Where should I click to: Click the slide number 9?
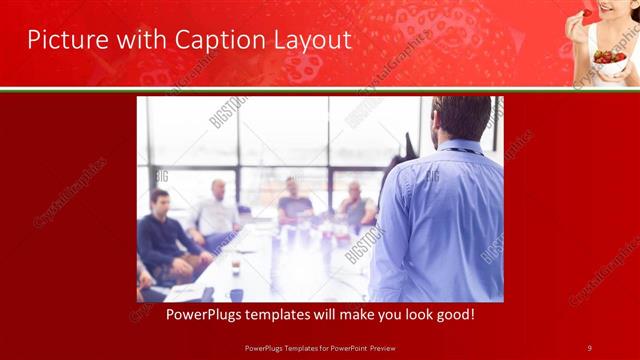(x=589, y=347)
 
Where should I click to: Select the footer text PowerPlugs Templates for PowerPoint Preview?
(x=320, y=347)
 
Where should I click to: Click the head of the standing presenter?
(x=461, y=117)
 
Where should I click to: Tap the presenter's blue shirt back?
(x=440, y=220)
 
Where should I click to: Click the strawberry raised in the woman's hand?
(x=586, y=15)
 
